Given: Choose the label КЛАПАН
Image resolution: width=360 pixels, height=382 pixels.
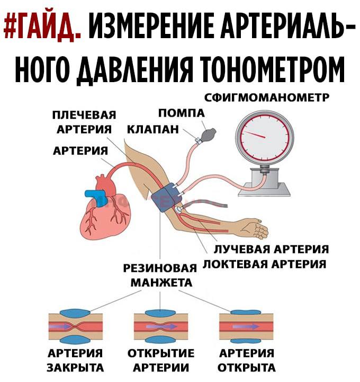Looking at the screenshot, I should tap(153, 129).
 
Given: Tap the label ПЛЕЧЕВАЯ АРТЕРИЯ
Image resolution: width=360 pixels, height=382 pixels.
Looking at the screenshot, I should tap(84, 122).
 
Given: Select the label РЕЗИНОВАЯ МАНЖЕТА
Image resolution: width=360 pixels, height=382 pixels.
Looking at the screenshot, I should tap(160, 276).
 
